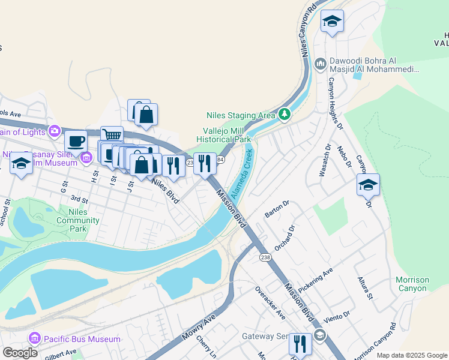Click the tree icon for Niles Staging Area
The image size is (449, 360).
point(284,114)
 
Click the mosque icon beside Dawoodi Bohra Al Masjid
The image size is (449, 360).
point(321,63)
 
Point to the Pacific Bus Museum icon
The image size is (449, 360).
point(34,339)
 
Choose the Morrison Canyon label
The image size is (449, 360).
point(412,284)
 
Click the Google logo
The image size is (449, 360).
point(20,353)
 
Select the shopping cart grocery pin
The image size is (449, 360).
point(112,136)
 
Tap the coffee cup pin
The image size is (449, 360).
point(76,141)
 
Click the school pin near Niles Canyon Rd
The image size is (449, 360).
point(332,22)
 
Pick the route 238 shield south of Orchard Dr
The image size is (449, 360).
point(265,257)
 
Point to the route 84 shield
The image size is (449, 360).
point(220,160)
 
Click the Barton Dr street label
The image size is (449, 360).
point(277,209)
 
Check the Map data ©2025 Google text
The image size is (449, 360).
point(411,355)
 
